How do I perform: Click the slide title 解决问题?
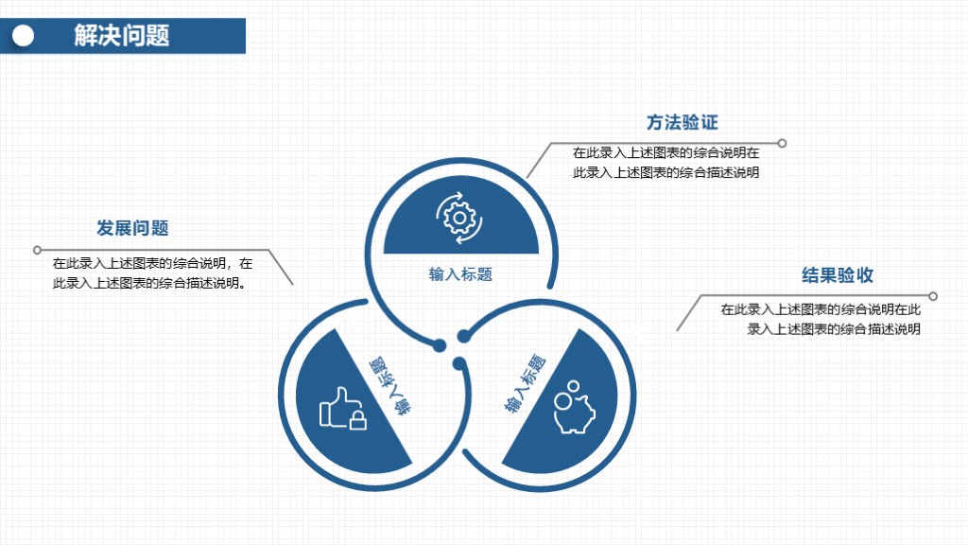pyautogui.click(x=122, y=35)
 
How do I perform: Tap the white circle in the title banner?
pyautogui.click(x=24, y=36)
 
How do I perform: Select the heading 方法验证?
pyautogui.click(x=683, y=122)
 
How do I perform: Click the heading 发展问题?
pyautogui.click(x=132, y=228)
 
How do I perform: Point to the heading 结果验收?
pyautogui.click(x=838, y=275)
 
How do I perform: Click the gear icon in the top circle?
pyautogui.click(x=458, y=218)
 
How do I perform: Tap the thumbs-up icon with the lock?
pyautogui.click(x=342, y=409)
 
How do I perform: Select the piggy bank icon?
pyautogui.click(x=574, y=407)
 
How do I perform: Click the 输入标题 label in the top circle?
pyautogui.click(x=460, y=273)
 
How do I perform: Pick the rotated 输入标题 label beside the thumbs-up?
pyautogui.click(x=390, y=386)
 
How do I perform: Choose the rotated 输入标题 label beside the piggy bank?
pyautogui.click(x=525, y=383)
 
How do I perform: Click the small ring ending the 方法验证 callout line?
pyautogui.click(x=782, y=144)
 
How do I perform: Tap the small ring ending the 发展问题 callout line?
pyautogui.click(x=37, y=250)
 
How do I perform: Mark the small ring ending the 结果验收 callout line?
pyautogui.click(x=933, y=296)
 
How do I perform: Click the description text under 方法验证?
pyautogui.click(x=666, y=163)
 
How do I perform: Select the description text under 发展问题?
pyautogui.click(x=152, y=273)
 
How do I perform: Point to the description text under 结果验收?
pyautogui.click(x=821, y=319)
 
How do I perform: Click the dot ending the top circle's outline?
pyautogui.click(x=439, y=345)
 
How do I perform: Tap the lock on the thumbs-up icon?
pyautogui.click(x=358, y=420)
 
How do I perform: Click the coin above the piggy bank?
pyautogui.click(x=574, y=386)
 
